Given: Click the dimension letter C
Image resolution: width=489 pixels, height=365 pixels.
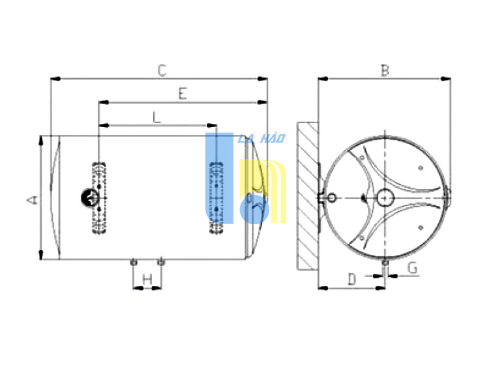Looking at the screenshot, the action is click(x=162, y=70).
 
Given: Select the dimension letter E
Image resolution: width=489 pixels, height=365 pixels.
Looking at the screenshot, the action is click(x=183, y=93).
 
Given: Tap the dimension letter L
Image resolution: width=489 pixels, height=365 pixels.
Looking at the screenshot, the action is click(x=157, y=117).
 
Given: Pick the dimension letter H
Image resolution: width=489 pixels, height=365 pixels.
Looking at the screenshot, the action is click(x=147, y=279).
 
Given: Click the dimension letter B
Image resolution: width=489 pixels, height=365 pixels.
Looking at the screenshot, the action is click(x=385, y=70).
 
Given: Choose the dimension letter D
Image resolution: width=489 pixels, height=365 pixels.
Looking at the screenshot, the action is click(x=352, y=279).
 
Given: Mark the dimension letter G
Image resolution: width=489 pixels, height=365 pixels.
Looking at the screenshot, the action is click(x=413, y=268).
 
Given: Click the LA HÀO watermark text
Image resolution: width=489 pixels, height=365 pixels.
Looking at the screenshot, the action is click(x=261, y=138).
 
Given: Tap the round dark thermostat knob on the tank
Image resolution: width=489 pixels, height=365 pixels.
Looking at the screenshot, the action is click(x=90, y=198).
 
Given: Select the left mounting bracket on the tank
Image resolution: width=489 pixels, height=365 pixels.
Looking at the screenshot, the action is click(x=99, y=198).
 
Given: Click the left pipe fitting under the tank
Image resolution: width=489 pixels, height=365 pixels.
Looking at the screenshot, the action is click(x=134, y=262).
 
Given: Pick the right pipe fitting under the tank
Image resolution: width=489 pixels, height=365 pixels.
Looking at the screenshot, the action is click(x=160, y=262).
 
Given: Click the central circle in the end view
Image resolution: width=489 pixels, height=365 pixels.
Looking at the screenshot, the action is click(x=385, y=198).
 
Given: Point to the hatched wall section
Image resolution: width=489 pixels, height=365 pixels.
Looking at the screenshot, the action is click(x=308, y=196).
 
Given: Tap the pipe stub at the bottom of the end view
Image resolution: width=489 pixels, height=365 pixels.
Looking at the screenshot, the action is click(x=385, y=263).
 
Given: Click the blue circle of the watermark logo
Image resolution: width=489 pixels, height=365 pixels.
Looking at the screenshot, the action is click(x=254, y=209).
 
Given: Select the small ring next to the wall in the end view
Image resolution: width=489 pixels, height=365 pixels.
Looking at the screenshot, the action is click(x=332, y=197).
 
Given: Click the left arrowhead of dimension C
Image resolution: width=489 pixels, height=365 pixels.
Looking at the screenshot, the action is click(x=55, y=79).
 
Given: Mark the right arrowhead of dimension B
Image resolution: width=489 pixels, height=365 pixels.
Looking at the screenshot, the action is click(x=446, y=79).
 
